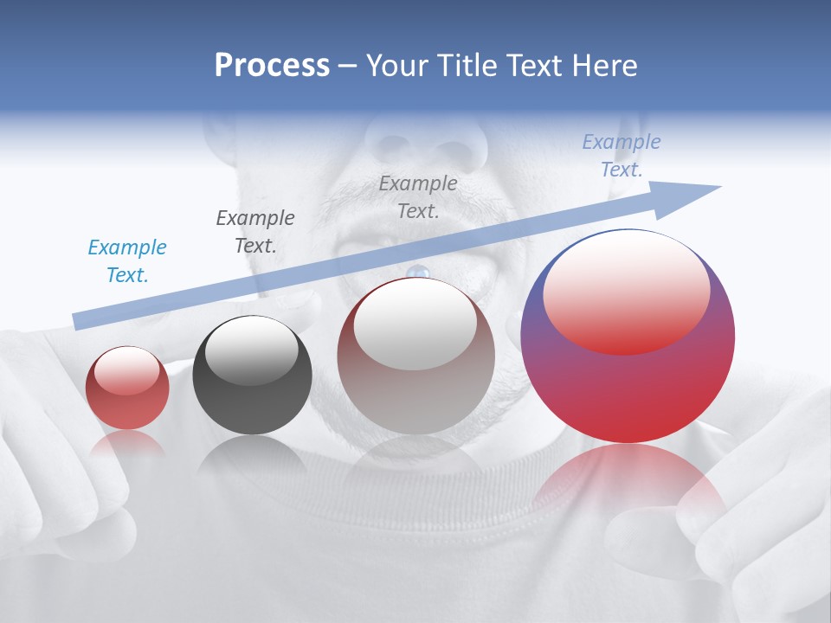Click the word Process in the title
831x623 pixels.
click(x=272, y=66)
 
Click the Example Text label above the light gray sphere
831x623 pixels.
click(x=418, y=196)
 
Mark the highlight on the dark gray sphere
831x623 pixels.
click(x=251, y=350)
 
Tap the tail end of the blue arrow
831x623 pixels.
click(x=80, y=320)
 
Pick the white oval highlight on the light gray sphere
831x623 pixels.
click(x=415, y=324)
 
